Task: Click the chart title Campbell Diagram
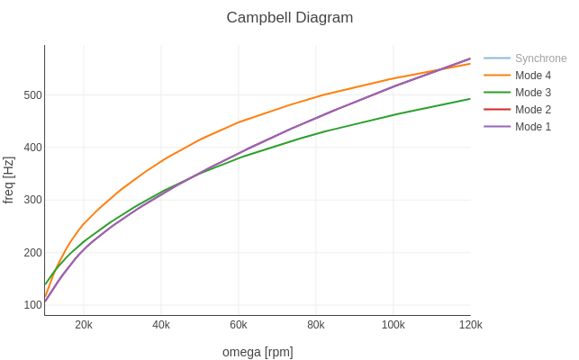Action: (x=290, y=18)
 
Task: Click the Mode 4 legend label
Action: (x=533, y=76)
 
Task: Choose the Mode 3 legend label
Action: (x=533, y=93)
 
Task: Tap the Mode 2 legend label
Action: (x=533, y=109)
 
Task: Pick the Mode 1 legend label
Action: (x=533, y=127)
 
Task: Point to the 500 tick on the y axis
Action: (x=32, y=95)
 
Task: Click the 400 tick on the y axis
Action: (x=32, y=148)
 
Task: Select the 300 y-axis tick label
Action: (x=32, y=200)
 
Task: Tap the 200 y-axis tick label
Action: (x=32, y=253)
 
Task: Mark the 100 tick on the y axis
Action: (x=32, y=305)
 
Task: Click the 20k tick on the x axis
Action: (x=84, y=325)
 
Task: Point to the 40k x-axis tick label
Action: (x=161, y=325)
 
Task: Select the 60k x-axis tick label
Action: (x=239, y=325)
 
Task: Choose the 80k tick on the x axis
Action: (x=316, y=325)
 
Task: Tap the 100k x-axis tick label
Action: (x=394, y=325)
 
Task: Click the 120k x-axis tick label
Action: (x=470, y=325)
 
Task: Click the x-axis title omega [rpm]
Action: (x=258, y=352)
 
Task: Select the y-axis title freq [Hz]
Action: (x=8, y=180)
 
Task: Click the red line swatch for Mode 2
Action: (x=497, y=109)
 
